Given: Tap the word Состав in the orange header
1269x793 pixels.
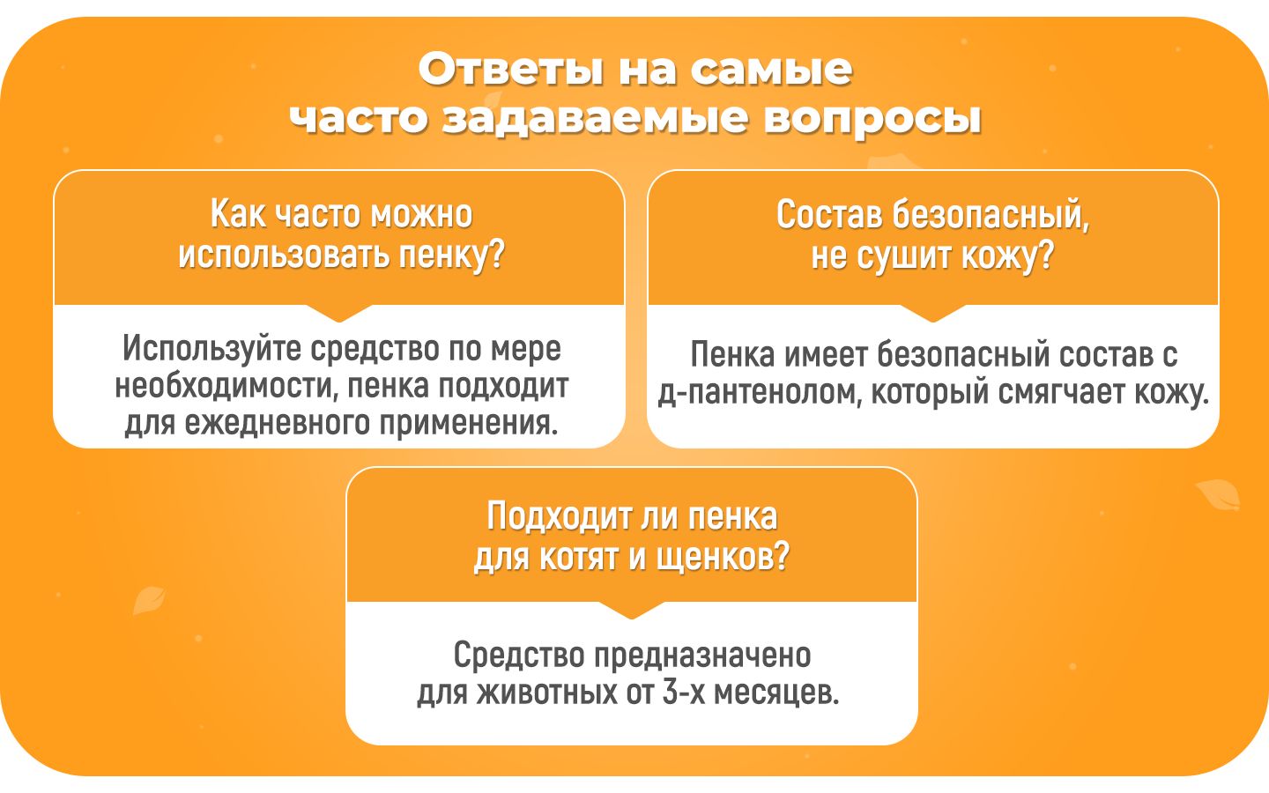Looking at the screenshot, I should coord(828,214).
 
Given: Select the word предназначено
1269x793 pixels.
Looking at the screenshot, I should coord(701,656).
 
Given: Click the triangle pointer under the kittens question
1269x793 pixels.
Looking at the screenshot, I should coord(631,610).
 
